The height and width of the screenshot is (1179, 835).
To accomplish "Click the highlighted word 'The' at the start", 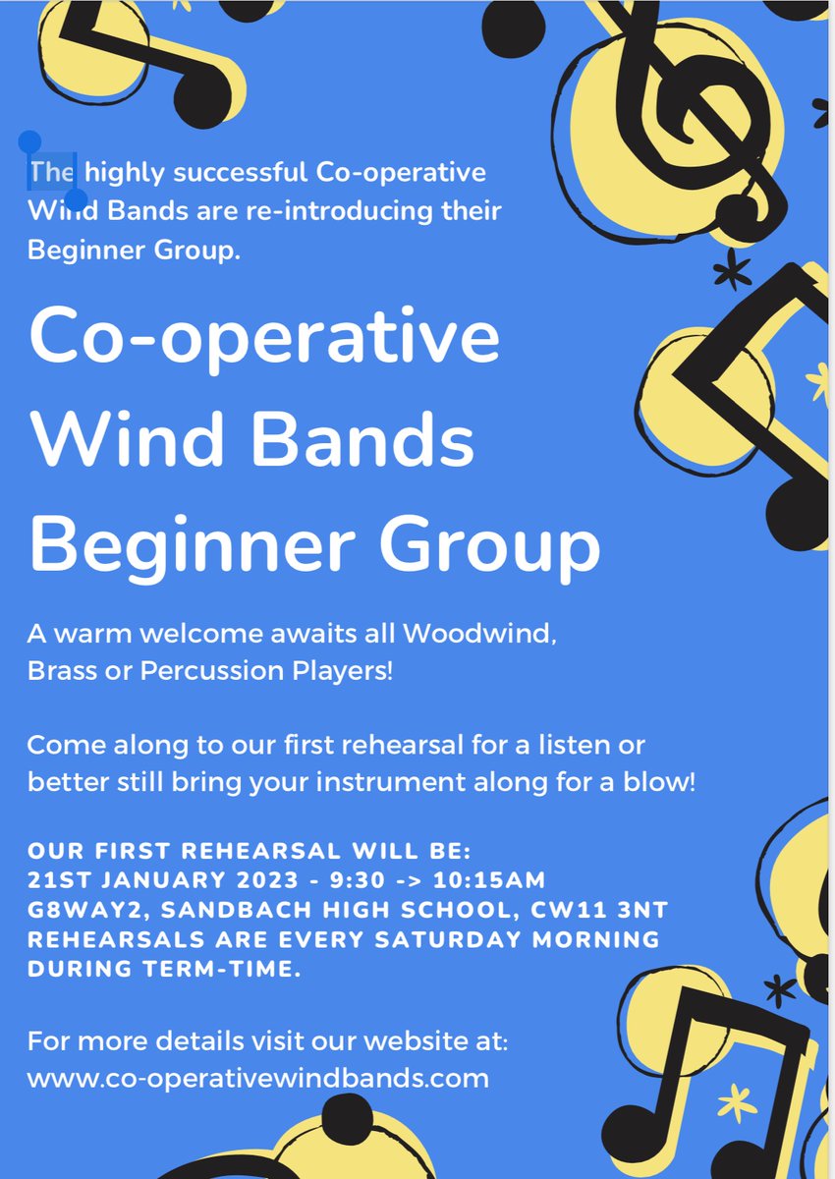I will click(x=51, y=173).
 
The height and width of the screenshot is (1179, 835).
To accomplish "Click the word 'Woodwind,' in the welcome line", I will click(x=481, y=634).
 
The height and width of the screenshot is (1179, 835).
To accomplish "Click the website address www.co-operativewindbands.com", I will click(x=257, y=1078).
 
